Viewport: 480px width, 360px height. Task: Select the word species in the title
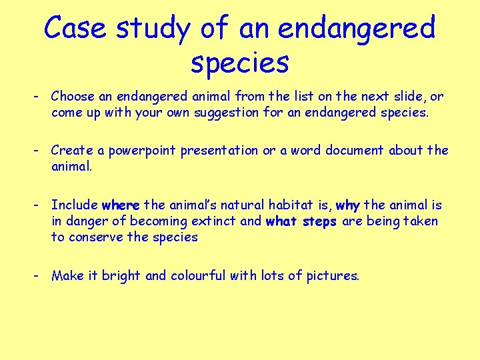click(239, 63)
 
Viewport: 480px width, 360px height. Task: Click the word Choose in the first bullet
click(73, 97)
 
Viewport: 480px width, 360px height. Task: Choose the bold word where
click(121, 205)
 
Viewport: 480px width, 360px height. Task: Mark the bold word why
click(348, 205)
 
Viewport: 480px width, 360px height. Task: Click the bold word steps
click(319, 221)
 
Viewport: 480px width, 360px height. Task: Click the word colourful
click(201, 275)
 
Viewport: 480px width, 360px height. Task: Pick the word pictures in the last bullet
click(333, 276)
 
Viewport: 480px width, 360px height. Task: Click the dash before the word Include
click(39, 205)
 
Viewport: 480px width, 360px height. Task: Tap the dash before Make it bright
click(39, 275)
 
